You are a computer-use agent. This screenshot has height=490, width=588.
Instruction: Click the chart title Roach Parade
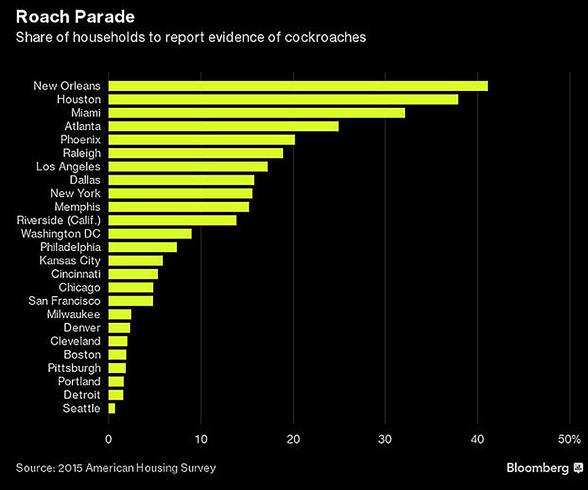pos(75,17)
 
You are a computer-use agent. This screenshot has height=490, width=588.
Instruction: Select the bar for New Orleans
pos(298,86)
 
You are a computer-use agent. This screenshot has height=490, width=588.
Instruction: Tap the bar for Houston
pos(283,100)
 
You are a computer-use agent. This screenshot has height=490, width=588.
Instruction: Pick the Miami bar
pos(256,113)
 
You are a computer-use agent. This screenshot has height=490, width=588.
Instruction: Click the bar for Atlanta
pos(223,126)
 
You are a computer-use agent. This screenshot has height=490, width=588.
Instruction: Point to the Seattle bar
pos(112,408)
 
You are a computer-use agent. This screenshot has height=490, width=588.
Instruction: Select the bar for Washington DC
pos(150,234)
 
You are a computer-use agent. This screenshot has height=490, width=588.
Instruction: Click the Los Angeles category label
pos(68,167)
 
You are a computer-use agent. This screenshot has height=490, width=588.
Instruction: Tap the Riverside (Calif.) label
pos(59,220)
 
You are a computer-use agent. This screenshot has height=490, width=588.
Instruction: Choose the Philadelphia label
pos(70,247)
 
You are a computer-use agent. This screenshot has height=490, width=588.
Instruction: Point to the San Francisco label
pos(64,301)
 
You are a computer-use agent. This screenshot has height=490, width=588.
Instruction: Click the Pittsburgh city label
pos(74,368)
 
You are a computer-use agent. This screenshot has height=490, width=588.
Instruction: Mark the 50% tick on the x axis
pos(569,439)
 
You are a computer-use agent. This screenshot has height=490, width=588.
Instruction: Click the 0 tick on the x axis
pos(109,439)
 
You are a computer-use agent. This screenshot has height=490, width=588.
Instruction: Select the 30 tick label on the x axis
pos(385,439)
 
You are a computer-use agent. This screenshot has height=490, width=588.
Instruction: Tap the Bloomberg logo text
pos(537,468)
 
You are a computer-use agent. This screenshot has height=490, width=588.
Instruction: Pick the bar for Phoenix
pos(201,140)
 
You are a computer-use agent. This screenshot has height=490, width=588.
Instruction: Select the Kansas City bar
pos(136,260)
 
